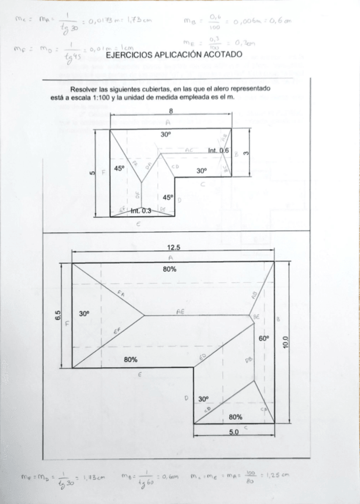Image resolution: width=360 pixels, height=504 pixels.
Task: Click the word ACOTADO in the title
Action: tap(221, 54)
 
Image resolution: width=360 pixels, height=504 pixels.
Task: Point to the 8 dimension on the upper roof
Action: tap(171, 111)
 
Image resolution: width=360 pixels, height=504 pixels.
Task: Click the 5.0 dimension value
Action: tap(233, 432)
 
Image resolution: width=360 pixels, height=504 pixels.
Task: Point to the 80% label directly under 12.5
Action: tap(170, 269)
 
